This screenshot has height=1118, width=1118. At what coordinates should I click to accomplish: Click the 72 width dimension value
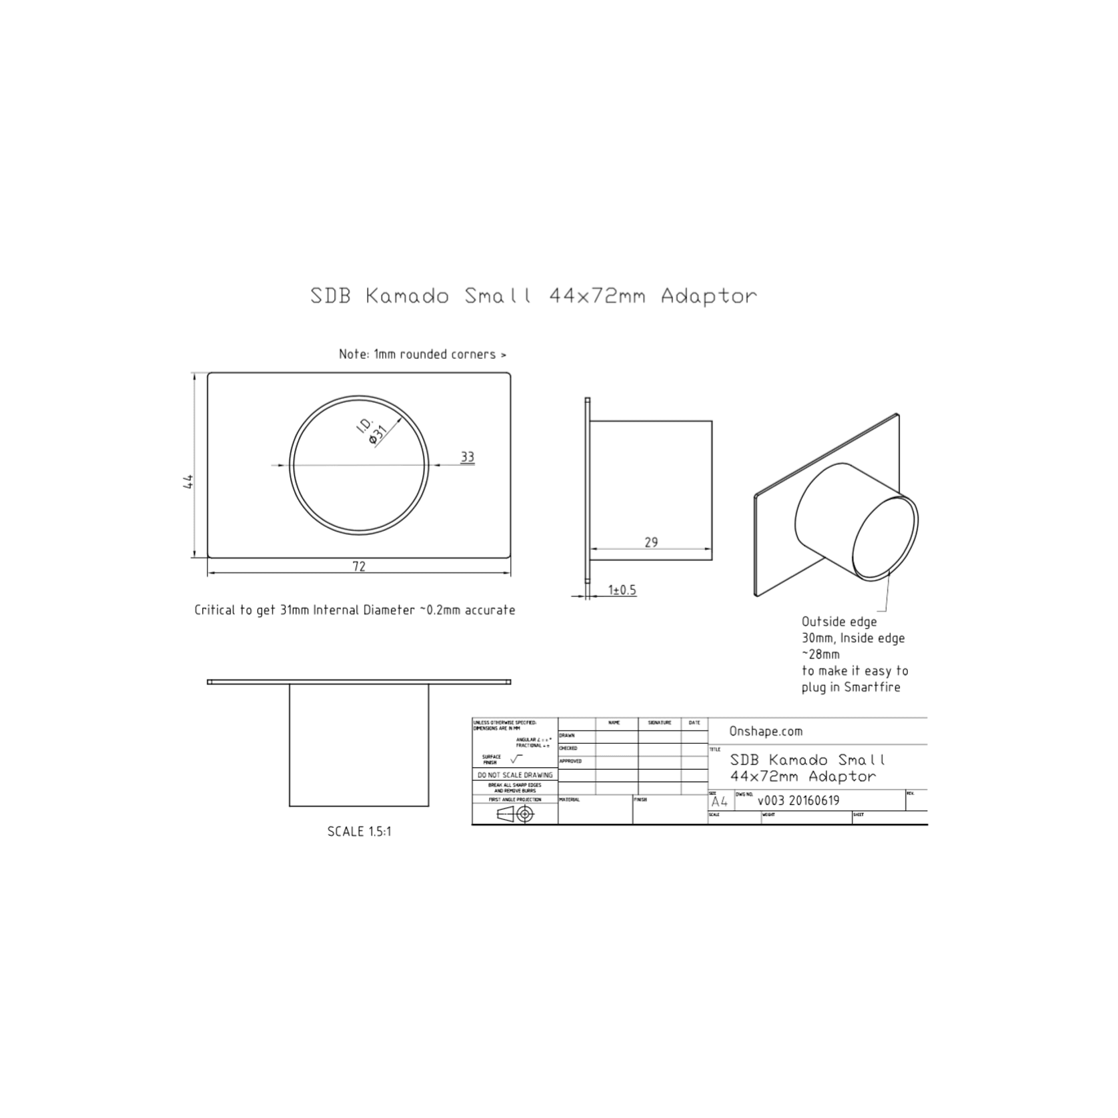tap(359, 566)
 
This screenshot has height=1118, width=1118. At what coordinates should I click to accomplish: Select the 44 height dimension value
tap(188, 481)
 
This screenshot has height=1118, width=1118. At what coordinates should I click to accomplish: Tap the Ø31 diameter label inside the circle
tap(378, 434)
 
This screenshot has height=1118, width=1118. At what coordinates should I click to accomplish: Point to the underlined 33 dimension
tap(467, 457)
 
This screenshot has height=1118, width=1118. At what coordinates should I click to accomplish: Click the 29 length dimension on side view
tap(651, 542)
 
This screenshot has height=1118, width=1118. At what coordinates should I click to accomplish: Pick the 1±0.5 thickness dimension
tap(622, 590)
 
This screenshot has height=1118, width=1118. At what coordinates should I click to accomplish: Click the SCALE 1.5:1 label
tap(359, 831)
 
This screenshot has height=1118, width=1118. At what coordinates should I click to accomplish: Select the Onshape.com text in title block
tap(765, 731)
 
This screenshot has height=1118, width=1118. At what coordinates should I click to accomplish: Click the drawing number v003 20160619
tap(798, 800)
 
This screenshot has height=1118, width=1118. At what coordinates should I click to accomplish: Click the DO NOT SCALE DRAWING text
tap(515, 775)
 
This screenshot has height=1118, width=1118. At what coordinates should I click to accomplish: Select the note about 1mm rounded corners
tap(422, 354)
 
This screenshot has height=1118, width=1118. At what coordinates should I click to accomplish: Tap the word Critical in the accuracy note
tap(215, 610)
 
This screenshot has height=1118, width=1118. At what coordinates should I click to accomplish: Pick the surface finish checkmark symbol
tap(516, 759)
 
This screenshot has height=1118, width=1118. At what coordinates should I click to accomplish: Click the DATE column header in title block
tap(694, 722)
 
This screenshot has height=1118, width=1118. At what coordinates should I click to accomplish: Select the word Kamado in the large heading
tap(407, 296)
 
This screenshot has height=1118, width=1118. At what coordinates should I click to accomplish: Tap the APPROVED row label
tap(571, 761)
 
